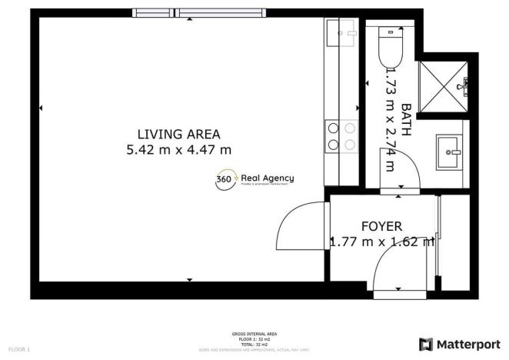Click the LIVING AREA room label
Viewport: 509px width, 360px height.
tap(178, 134)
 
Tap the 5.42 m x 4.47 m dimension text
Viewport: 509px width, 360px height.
tap(178, 150)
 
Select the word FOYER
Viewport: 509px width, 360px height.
tap(382, 226)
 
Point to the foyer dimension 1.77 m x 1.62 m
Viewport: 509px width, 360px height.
tap(382, 242)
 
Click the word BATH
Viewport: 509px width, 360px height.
tap(406, 121)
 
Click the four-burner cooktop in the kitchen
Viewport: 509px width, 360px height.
tap(341, 136)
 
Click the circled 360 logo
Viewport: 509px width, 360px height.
tap(225, 178)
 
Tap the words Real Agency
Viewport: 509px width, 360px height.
tap(267, 178)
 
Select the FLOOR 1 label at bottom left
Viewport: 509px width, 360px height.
tap(18, 349)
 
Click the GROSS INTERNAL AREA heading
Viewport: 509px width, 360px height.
tap(254, 334)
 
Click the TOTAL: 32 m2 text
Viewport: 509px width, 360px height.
tap(254, 343)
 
